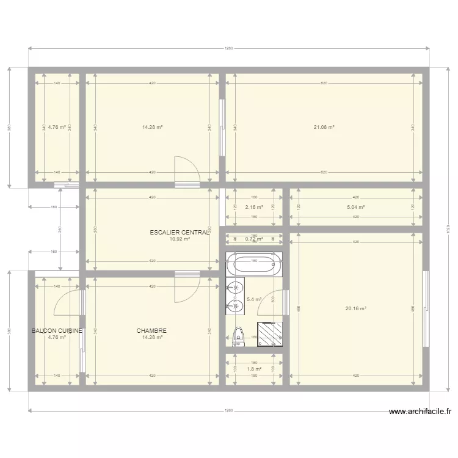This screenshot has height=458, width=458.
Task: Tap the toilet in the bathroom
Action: point(238,336)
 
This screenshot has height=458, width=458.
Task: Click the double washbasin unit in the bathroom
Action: point(235,296)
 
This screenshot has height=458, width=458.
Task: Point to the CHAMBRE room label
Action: point(152,331)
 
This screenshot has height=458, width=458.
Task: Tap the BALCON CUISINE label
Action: point(57,331)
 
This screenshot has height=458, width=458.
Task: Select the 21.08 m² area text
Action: point(324,127)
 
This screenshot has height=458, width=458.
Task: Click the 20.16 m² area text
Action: point(355,308)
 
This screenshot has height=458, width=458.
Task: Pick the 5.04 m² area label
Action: point(355,207)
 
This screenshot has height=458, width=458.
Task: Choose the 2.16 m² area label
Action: point(254,207)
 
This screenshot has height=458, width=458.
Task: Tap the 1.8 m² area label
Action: point(254,369)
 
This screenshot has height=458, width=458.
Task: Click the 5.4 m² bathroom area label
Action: point(254,300)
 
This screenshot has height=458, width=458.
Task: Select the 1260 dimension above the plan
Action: point(228,49)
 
